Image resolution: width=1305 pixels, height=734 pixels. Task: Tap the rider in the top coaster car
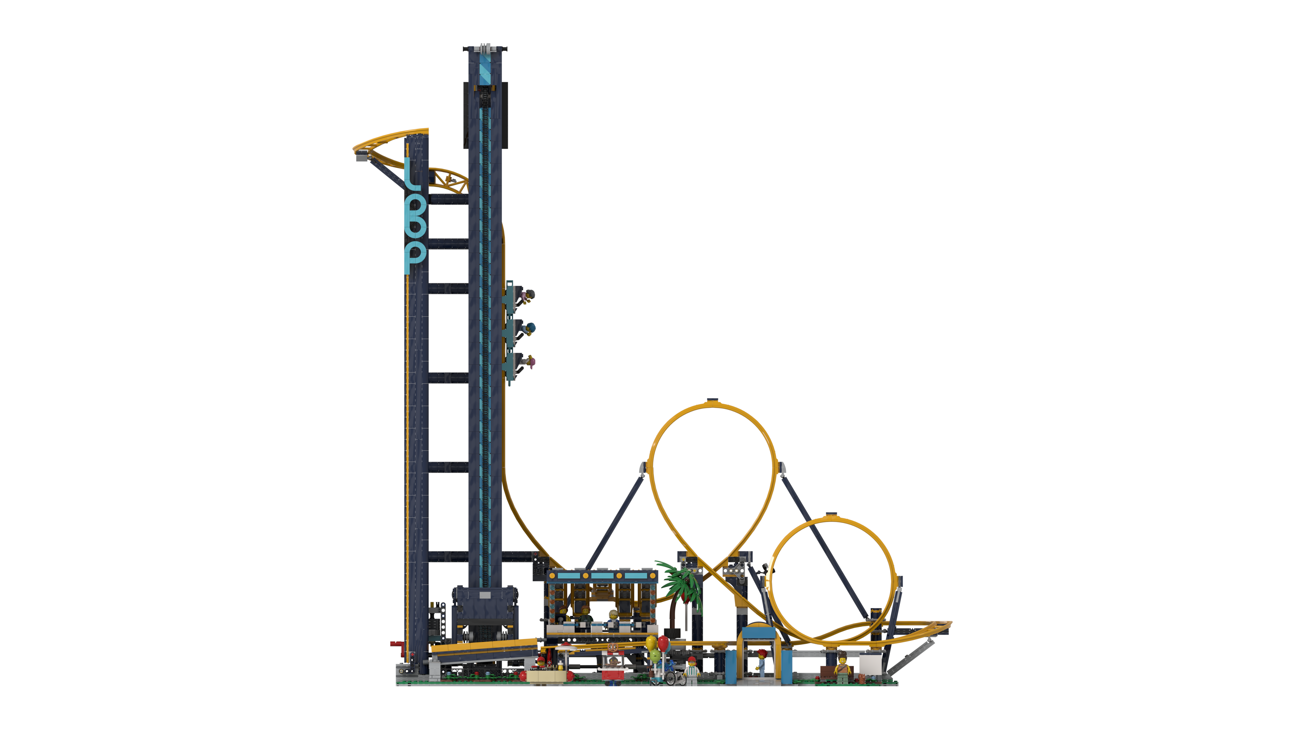tap(530, 294)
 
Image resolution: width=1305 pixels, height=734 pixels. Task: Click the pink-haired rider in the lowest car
tap(530, 362)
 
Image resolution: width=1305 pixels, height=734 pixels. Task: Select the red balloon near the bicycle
tap(663, 642)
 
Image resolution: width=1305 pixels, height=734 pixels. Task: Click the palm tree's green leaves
tap(679, 583)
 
